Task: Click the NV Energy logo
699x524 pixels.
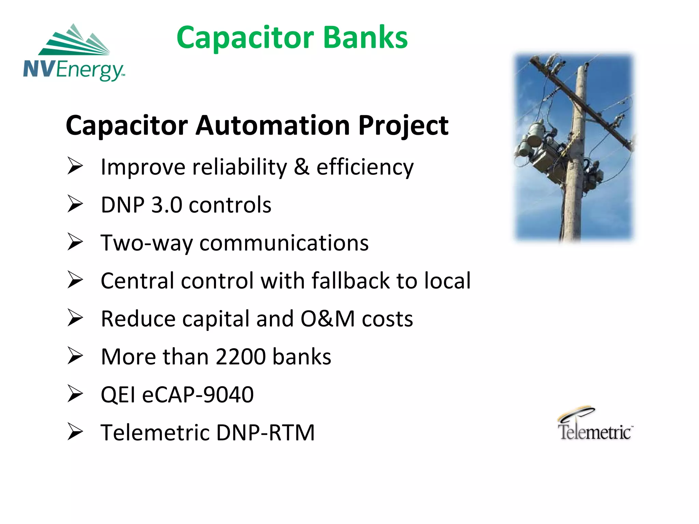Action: point(74,53)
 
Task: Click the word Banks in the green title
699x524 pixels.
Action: point(365,38)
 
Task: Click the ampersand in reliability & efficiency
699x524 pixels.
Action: point(301,167)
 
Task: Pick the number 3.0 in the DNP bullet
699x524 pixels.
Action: point(167,205)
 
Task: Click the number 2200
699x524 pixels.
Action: point(241,357)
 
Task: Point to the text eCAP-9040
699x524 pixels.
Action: point(198,395)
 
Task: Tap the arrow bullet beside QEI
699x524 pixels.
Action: point(75,394)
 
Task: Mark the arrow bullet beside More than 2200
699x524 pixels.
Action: point(75,356)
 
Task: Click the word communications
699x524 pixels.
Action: point(284,243)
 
